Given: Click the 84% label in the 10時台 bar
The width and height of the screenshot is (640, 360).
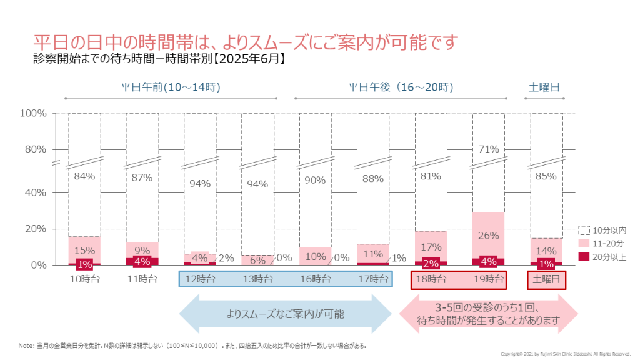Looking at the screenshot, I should point(84,176).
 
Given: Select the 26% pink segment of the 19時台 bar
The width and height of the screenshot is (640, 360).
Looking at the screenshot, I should point(489,235).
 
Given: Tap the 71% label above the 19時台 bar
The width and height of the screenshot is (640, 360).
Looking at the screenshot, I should point(489,149).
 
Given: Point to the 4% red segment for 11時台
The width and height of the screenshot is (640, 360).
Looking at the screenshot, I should point(142,261).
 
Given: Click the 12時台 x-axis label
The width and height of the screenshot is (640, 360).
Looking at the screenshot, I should point(200,279).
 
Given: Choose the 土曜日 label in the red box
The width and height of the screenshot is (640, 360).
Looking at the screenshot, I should point(546,279).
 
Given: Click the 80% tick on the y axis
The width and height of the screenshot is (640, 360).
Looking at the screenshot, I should point(34,149).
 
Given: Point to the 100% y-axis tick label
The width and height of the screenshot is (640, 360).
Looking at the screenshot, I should point(32,113).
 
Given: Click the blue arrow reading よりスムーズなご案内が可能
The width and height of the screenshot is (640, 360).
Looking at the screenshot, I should point(285,314).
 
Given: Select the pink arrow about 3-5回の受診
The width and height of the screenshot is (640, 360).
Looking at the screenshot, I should point(487,314).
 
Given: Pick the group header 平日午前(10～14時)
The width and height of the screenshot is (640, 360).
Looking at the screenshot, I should point(171,86).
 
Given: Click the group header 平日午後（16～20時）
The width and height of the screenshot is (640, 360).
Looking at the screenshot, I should point(401,86).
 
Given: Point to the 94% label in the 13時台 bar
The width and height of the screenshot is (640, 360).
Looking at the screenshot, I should point(257,184).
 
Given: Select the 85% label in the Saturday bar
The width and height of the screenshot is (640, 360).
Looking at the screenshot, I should point(546,176).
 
